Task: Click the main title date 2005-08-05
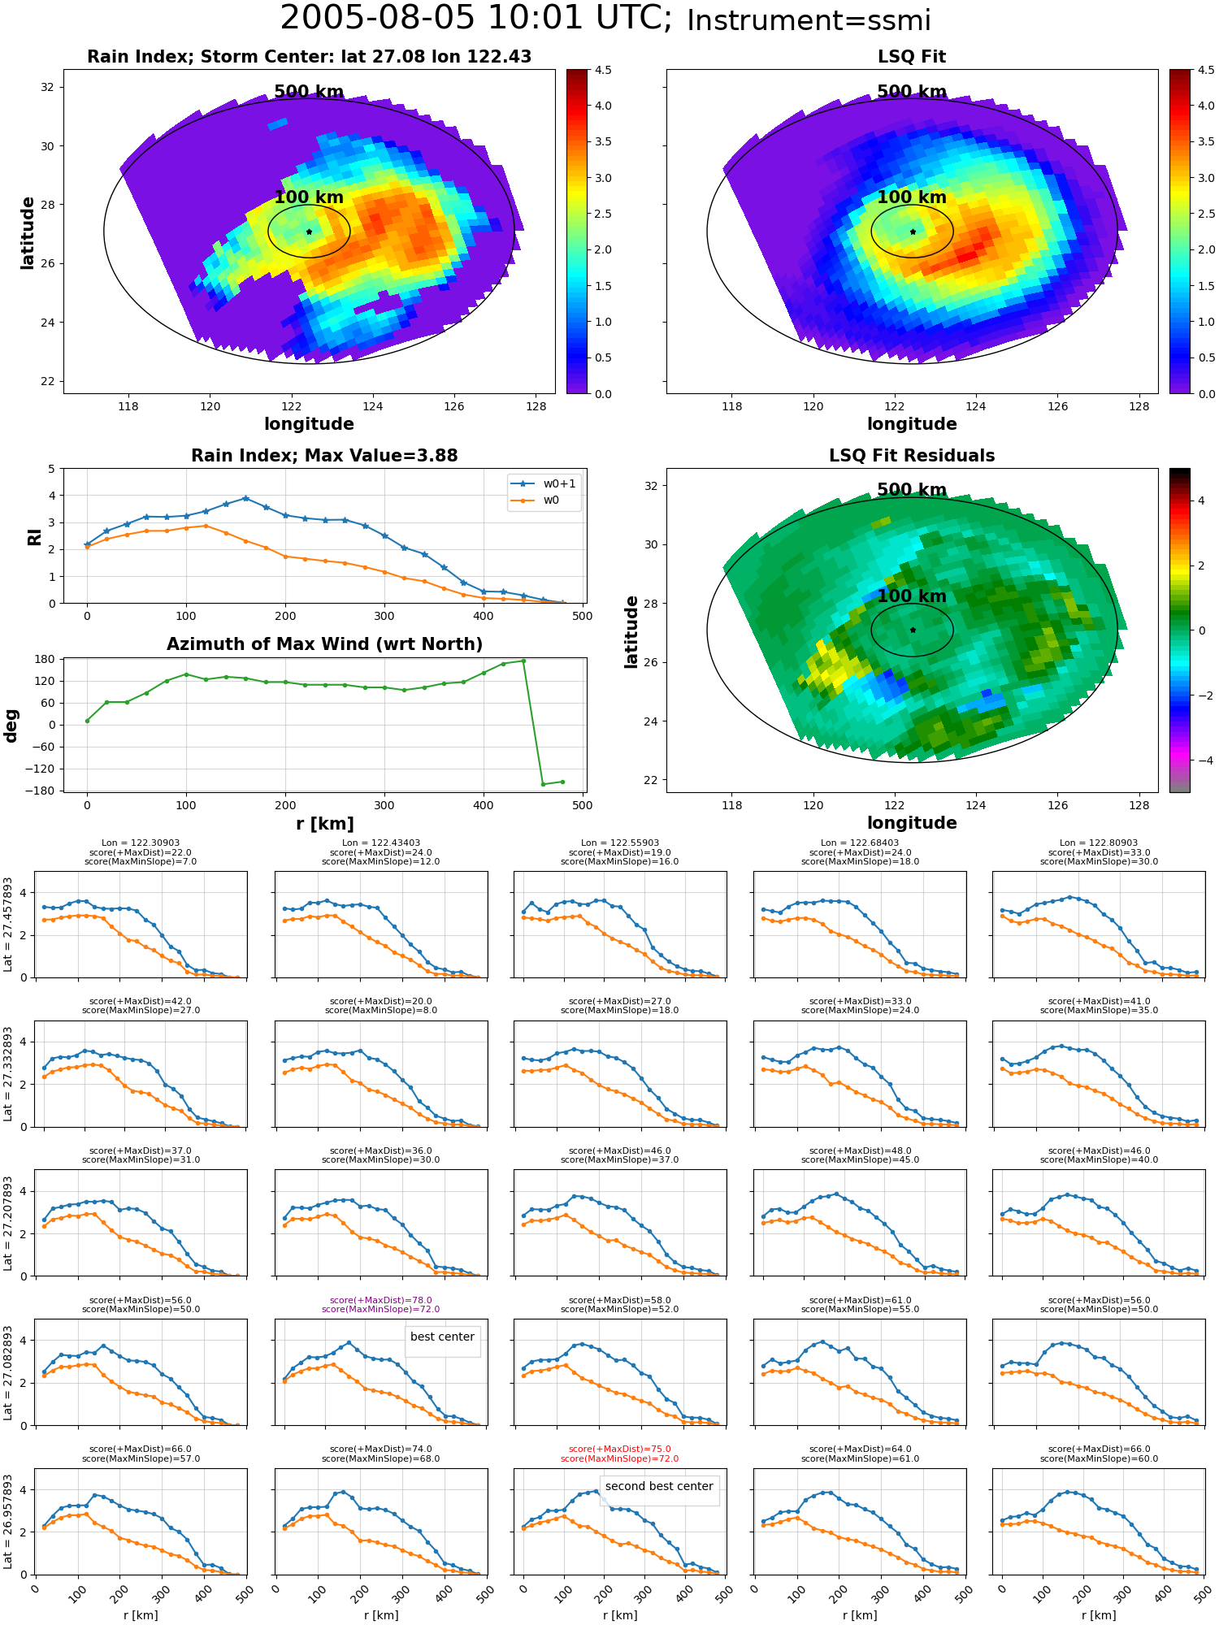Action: point(377,18)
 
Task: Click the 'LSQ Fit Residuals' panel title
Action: point(912,456)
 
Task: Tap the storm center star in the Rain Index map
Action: point(309,232)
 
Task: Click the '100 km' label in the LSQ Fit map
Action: point(912,197)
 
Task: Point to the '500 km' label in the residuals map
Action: point(912,490)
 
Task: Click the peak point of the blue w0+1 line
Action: point(245,498)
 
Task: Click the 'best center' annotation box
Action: point(442,1337)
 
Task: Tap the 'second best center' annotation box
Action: point(659,1486)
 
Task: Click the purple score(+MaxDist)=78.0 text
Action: point(381,1300)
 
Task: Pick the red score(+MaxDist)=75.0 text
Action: point(620,1449)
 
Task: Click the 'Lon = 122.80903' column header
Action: point(1099,843)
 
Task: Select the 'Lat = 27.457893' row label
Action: point(8,925)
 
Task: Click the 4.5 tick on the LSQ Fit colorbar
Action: point(1206,70)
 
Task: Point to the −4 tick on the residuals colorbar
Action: point(1202,760)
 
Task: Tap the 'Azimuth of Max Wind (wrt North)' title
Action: point(324,644)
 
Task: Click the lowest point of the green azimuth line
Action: point(543,784)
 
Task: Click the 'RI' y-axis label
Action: point(34,536)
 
